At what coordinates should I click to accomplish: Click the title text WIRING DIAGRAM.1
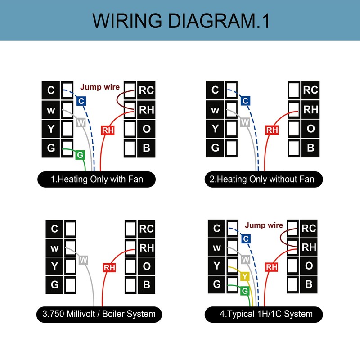click(x=181, y=21)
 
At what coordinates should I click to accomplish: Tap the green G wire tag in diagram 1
click(x=80, y=155)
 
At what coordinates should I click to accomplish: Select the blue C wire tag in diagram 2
click(x=245, y=101)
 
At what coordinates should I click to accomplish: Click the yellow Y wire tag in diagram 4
click(x=245, y=276)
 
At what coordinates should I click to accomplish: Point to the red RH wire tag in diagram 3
click(x=109, y=267)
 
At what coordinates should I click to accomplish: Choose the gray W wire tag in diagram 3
click(x=83, y=260)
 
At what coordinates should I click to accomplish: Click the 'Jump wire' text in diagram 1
click(x=100, y=87)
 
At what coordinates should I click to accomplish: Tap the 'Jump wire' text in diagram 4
click(x=264, y=225)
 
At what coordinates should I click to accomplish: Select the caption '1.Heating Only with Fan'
click(x=97, y=179)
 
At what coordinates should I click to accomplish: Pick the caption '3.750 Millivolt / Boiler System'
click(x=99, y=314)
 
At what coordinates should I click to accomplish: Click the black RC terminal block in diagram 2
click(x=310, y=90)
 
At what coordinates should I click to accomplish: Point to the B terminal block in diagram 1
click(x=146, y=148)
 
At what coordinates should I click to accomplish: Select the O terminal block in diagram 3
click(x=147, y=266)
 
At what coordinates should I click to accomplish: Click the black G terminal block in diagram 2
click(x=215, y=148)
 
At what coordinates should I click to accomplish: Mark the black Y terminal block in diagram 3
click(x=54, y=266)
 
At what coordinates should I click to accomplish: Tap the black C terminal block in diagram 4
click(x=216, y=229)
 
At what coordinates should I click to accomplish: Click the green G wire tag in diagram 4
click(x=245, y=291)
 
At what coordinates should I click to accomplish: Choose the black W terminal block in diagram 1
click(x=51, y=110)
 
